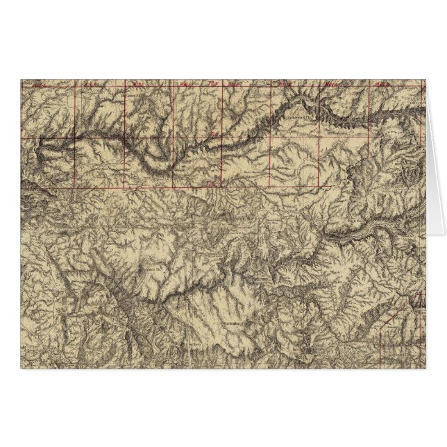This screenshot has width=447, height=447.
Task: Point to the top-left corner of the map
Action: (x=21, y=80)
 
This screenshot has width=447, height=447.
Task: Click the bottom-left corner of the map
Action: (x=21, y=366)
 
